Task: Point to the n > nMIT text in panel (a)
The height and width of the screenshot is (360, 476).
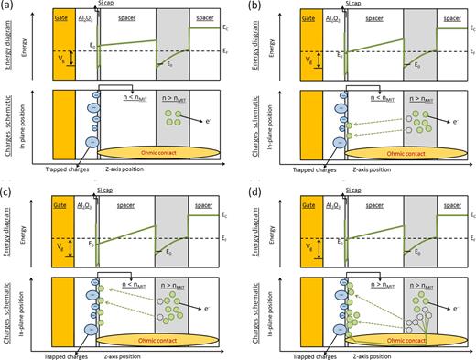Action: point(176,94)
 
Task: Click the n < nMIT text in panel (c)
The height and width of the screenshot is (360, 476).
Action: point(138,274)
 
